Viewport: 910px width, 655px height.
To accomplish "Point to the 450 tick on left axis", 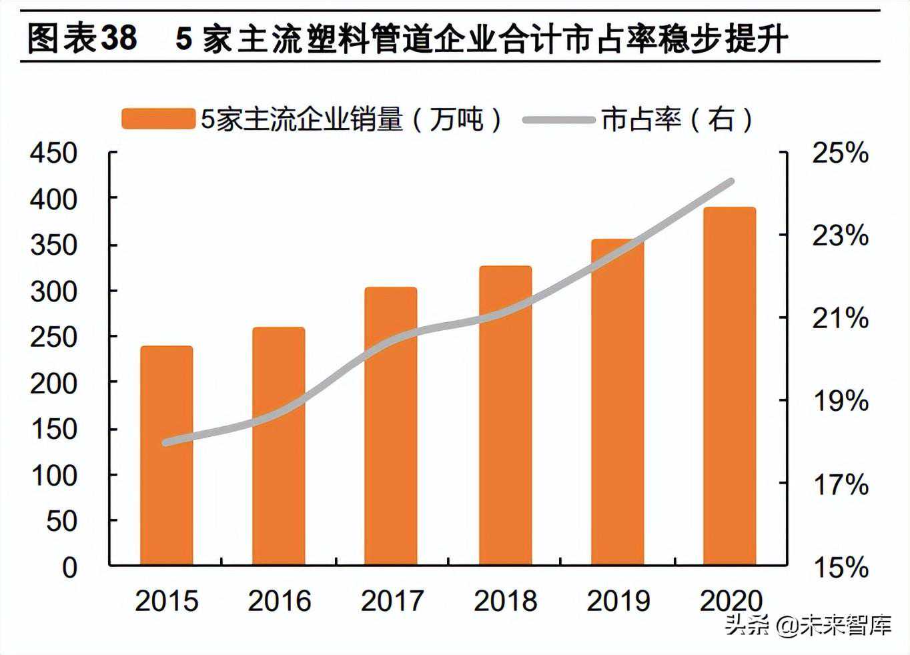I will tap(53, 153).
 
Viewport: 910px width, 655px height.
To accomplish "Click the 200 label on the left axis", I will tap(53, 383).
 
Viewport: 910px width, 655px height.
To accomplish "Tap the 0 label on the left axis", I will tap(69, 568).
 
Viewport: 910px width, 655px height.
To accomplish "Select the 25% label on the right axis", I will tap(840, 153).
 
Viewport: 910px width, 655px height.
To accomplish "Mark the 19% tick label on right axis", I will tap(840, 402).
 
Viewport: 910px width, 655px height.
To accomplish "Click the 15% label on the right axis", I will tap(840, 568).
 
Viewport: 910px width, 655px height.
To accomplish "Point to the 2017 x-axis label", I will tap(392, 601).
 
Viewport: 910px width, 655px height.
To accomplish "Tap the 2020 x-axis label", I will tap(731, 601).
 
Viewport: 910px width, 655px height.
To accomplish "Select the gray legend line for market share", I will tap(558, 120).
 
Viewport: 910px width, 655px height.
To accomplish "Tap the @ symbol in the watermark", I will tap(788, 626).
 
